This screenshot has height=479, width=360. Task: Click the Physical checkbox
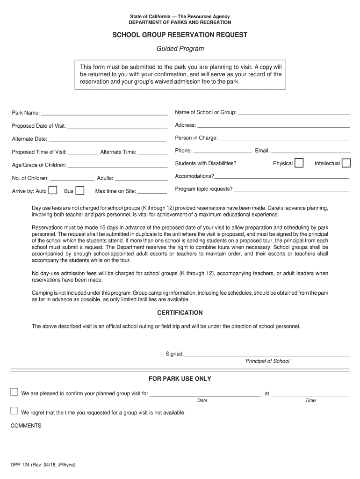click(x=299, y=163)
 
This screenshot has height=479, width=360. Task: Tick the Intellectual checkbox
click(x=346, y=163)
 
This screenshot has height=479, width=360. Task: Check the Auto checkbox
click(x=53, y=190)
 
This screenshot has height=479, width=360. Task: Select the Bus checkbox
click(x=80, y=190)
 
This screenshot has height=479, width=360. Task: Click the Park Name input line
click(x=104, y=114)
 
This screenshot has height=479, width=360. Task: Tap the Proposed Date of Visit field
click(x=117, y=127)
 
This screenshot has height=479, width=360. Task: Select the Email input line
click(x=310, y=152)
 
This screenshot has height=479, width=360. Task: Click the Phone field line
click(x=223, y=152)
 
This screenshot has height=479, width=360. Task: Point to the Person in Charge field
click(x=284, y=139)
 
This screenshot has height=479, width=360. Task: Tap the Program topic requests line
click(x=291, y=190)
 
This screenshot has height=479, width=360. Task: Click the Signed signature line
click(x=266, y=355)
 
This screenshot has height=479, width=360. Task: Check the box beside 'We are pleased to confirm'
click(x=14, y=392)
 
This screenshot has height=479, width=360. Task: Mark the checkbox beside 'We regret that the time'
click(x=14, y=411)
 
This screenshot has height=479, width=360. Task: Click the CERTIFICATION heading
click(x=180, y=312)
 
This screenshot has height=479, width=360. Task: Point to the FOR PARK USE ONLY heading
click(x=180, y=378)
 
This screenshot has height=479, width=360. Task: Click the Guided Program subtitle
click(x=180, y=49)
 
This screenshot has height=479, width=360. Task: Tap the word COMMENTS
click(x=26, y=426)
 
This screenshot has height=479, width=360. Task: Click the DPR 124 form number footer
click(x=43, y=465)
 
